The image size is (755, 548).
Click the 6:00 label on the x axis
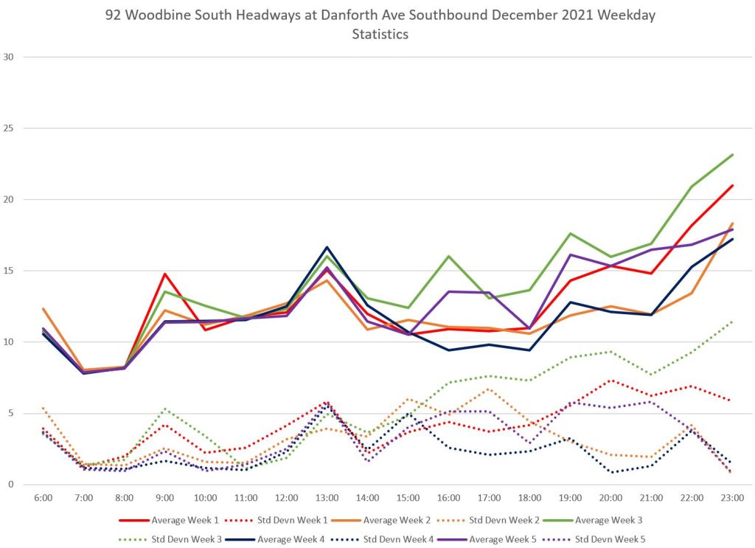click(x=44, y=498)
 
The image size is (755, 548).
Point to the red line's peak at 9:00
click(x=165, y=274)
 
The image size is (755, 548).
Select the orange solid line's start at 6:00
click(x=44, y=309)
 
